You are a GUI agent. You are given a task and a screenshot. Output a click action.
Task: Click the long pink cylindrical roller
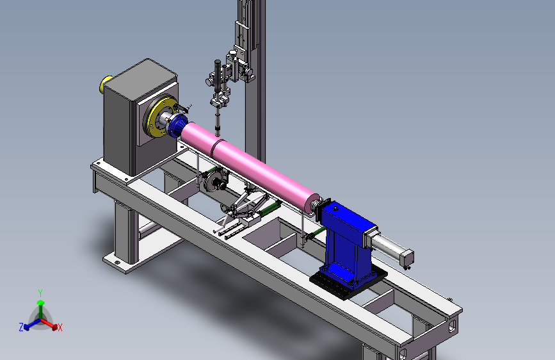(250, 166)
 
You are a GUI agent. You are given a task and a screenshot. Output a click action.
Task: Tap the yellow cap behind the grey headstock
(105, 85)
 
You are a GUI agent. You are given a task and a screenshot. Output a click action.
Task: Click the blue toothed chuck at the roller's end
(178, 126)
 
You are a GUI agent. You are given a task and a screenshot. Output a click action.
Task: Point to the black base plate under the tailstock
(348, 281)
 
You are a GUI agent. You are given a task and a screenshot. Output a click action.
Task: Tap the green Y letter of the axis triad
(40, 293)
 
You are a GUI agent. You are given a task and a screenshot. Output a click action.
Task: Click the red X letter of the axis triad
(60, 328)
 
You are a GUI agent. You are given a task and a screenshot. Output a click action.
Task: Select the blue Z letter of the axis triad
(21, 327)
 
